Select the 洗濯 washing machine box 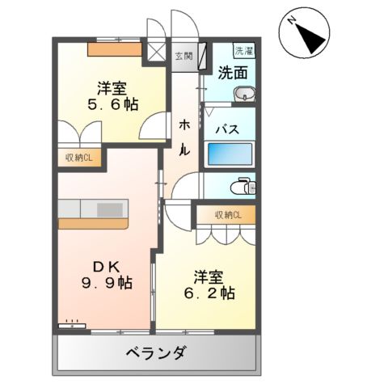click(x=242, y=50)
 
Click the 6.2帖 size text click(x=208, y=293)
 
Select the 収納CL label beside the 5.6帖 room click(x=78, y=158)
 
